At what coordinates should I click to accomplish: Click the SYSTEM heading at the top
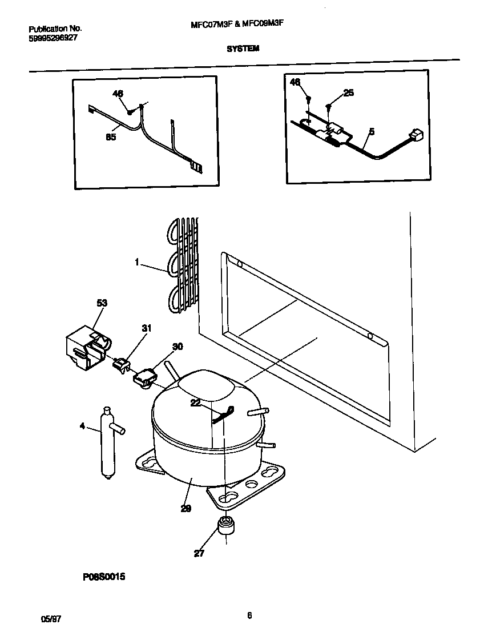pos(243,49)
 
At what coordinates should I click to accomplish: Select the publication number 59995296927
pos(53,38)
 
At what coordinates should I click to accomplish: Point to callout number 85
pos(111,136)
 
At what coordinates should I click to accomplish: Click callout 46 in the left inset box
pos(118,94)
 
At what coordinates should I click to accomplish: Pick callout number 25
pos(348,93)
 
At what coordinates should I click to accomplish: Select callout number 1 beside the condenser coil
pos(138,262)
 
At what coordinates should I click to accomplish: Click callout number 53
pos(102,303)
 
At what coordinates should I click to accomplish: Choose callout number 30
pos(178,346)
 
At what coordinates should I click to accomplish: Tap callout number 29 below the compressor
pos(186,508)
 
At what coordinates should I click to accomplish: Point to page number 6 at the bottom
pos(249,615)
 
